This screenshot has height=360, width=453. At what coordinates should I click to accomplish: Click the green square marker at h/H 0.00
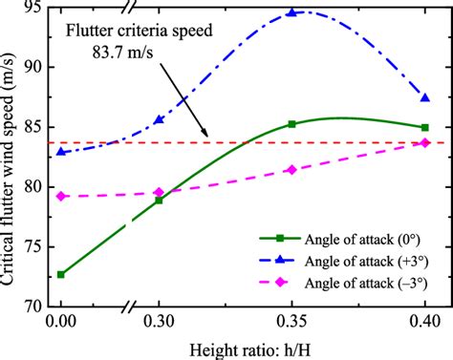pos(61,274)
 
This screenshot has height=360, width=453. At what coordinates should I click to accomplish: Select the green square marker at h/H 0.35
pos(291,124)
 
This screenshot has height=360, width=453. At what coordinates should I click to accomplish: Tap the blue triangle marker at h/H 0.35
pos(291,13)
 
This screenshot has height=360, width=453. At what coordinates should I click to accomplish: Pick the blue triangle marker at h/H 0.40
pos(425,97)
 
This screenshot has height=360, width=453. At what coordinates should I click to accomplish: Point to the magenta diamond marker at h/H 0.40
pos(425,143)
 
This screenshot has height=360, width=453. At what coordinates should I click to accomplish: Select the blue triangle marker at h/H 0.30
pos(159,119)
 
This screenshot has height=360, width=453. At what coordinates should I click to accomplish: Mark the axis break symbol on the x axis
pos(127,307)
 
